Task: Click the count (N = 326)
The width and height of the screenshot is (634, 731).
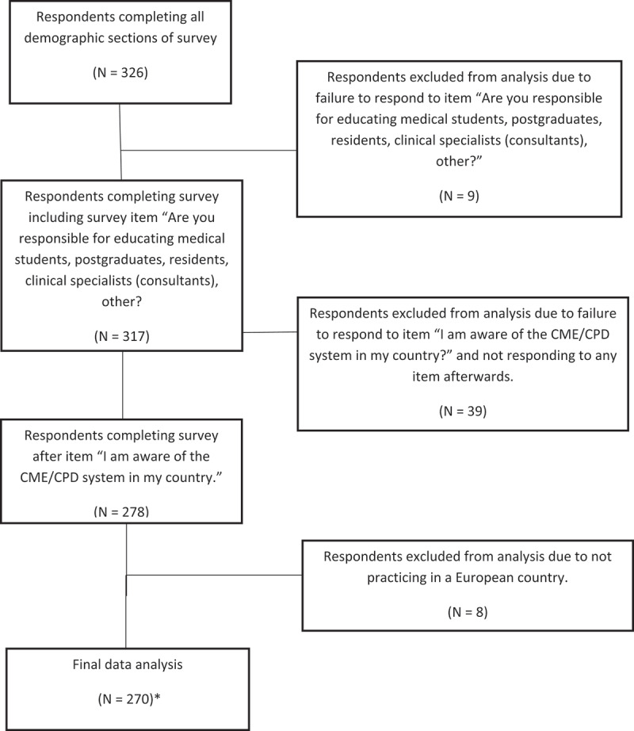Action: (120, 73)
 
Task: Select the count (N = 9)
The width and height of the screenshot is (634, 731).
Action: (459, 196)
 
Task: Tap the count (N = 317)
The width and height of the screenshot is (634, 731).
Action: (121, 336)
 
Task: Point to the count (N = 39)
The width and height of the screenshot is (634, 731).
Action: (463, 411)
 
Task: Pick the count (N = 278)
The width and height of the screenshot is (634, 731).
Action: (121, 511)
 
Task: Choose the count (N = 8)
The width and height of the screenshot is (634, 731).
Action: (468, 612)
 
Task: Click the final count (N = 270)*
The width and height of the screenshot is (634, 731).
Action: (129, 698)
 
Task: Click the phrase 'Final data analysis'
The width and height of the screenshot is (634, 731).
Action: (128, 664)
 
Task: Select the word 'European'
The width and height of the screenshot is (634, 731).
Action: (483, 578)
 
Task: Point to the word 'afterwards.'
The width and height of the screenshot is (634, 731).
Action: (463, 377)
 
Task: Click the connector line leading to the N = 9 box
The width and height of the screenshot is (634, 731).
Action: (208, 150)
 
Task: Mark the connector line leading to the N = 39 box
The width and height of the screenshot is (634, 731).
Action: (270, 332)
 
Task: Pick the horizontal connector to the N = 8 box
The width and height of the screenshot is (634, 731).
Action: (214, 576)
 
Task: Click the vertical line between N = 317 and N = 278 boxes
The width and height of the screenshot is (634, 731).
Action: (123, 385)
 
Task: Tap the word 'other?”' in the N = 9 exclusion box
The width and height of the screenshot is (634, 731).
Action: (459, 161)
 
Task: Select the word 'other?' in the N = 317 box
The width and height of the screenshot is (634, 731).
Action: (121, 301)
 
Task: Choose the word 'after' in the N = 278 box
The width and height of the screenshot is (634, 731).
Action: (47, 457)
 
